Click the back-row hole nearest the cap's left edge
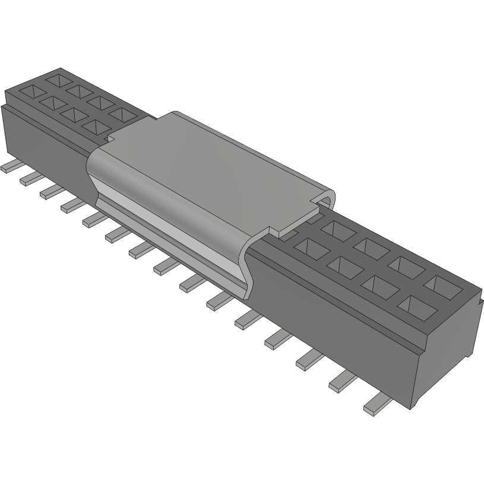[122, 115]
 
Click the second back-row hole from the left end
[76, 89]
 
